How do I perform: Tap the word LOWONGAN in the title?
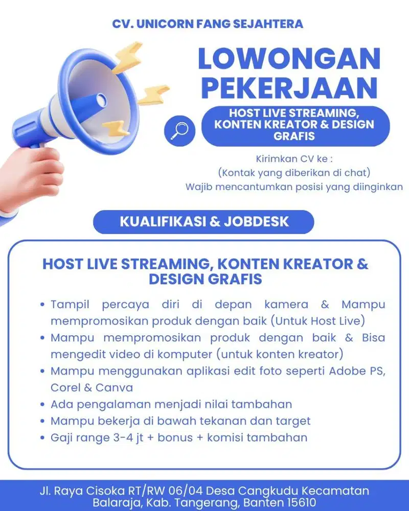pos(289,59)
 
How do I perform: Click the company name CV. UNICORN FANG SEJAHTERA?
pos(208,24)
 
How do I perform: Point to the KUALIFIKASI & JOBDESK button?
pos(204,222)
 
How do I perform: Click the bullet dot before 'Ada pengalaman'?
pos(43,405)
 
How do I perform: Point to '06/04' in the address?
pos(183,491)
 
